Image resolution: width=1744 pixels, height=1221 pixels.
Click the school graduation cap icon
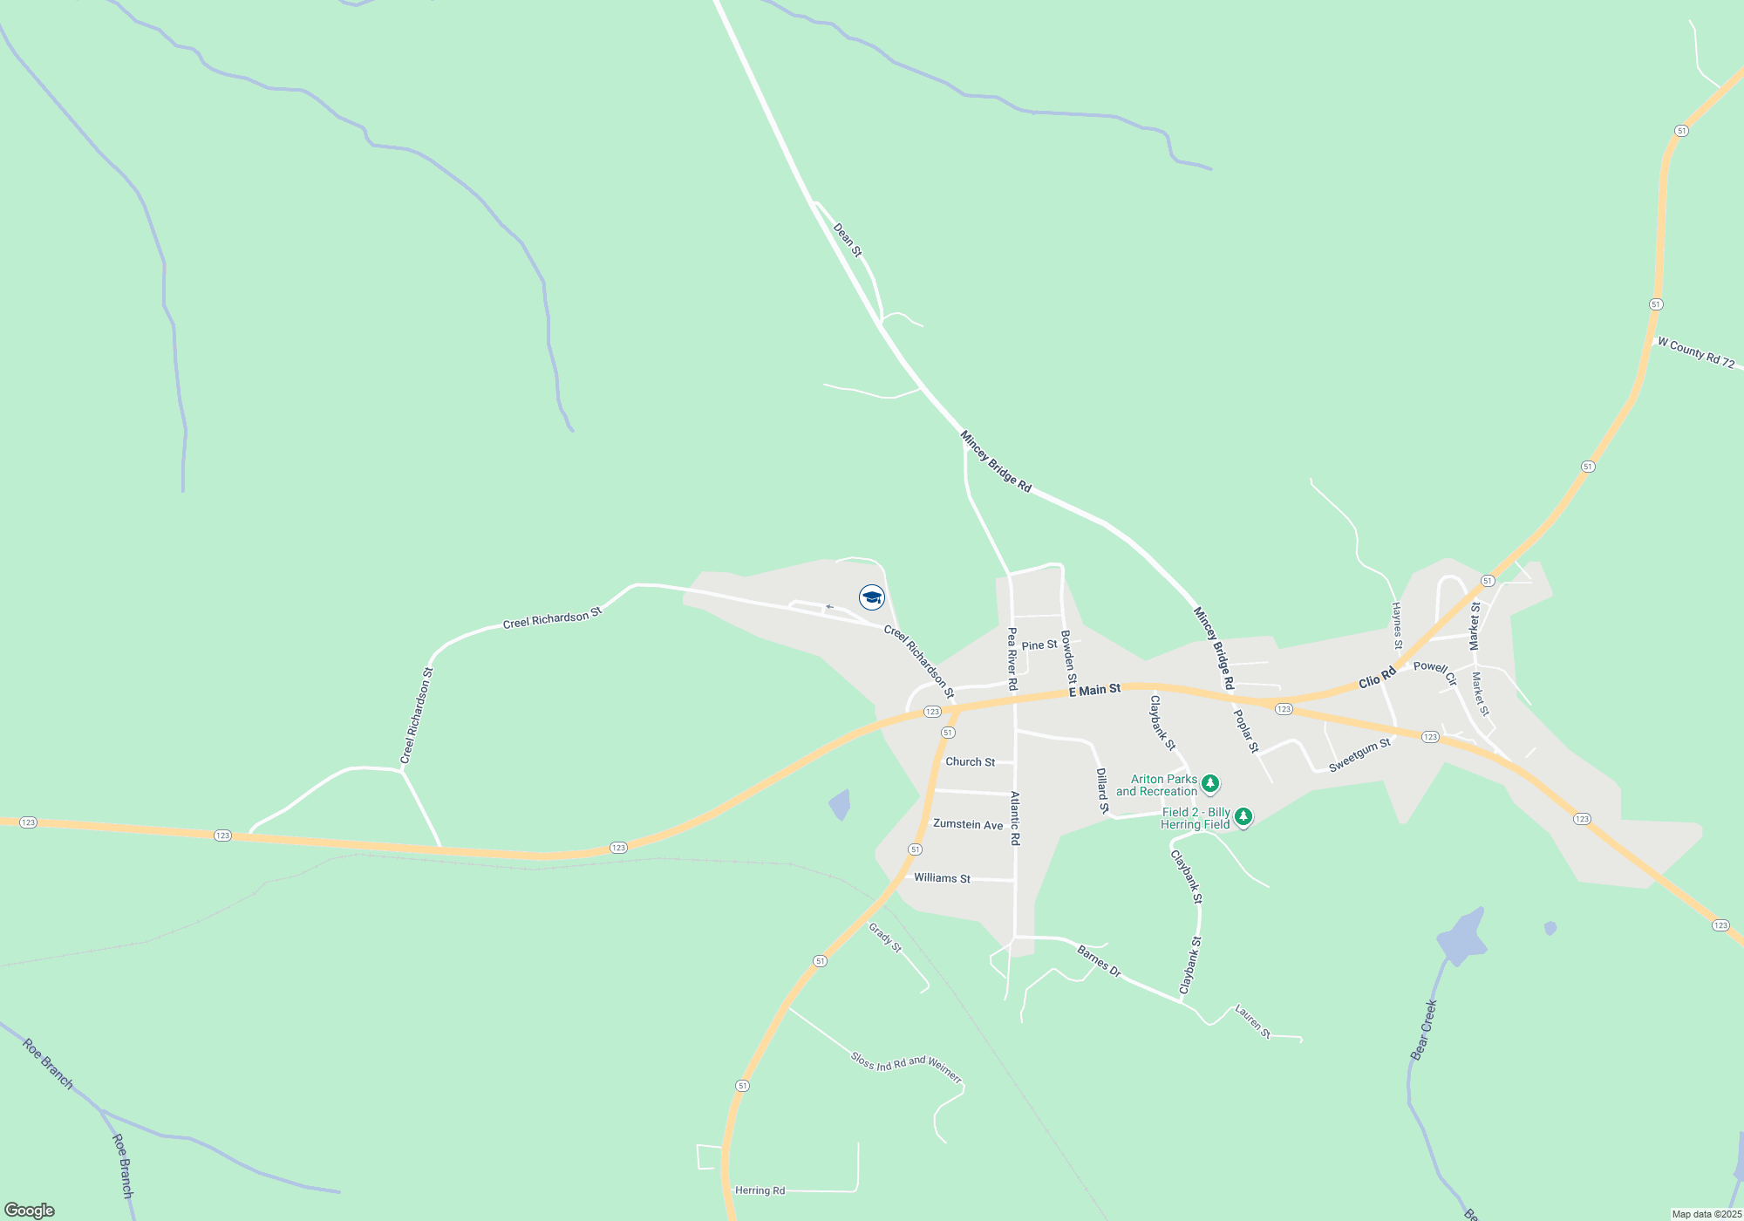872,597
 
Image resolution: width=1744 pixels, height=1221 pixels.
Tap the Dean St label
847,240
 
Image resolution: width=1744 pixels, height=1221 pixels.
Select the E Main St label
1094,691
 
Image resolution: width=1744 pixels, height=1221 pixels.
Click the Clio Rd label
1377,678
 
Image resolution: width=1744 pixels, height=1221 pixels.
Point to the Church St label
970,762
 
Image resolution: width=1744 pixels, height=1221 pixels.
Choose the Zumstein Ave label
968,824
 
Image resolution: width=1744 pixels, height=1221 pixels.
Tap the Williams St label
942,878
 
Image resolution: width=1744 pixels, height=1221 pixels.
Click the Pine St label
1039,645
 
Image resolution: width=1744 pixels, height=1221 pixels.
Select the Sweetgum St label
1359,755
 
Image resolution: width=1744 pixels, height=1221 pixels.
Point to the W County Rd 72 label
1696,352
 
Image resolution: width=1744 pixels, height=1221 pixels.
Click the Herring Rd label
760,1190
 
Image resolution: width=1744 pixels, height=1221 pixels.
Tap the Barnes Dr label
1099,961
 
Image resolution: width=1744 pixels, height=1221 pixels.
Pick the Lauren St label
1253,1021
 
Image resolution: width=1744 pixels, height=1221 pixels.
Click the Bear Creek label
1423,1030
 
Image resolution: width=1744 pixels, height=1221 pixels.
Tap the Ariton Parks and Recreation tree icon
1209,783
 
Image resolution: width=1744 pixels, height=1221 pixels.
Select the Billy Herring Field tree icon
1243,816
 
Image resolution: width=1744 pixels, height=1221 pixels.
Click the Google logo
30,1211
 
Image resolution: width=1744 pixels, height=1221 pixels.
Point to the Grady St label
885,938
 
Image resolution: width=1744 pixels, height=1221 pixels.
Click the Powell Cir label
1435,672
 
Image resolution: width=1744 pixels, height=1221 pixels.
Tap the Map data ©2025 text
1706,1214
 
